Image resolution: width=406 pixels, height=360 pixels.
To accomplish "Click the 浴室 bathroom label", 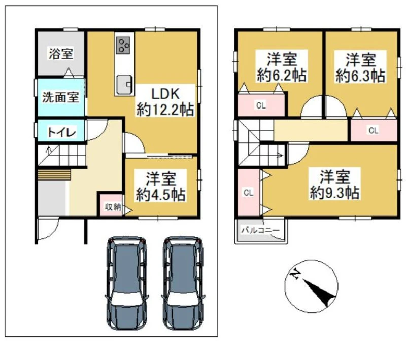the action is tap(61, 54).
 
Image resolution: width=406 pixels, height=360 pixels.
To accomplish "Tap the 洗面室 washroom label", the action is tap(60, 97).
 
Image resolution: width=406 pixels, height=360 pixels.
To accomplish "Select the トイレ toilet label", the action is tap(61, 132).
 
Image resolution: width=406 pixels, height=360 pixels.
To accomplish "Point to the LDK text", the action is tap(165, 94).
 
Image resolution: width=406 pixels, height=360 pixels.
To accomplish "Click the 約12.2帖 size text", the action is tap(165, 110).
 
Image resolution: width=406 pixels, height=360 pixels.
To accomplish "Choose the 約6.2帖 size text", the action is tap(282, 75).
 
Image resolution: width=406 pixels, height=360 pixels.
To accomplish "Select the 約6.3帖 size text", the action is tap(360, 76).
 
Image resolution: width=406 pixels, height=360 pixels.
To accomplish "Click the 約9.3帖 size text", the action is tap(335, 192).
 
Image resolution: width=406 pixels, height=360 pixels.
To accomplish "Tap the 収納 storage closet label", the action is tap(113, 207).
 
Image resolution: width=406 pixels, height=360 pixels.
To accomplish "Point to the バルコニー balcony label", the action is tap(260, 230).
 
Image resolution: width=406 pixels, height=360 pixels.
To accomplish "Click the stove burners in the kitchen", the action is tap(123, 46).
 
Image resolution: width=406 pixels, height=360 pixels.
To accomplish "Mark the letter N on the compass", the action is tap(295, 274).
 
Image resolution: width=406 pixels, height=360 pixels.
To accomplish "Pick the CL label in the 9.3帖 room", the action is tap(248, 193).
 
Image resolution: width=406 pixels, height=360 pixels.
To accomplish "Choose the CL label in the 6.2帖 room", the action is tap(261, 105).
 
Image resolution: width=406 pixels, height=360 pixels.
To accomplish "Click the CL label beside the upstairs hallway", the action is tap(374, 131).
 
